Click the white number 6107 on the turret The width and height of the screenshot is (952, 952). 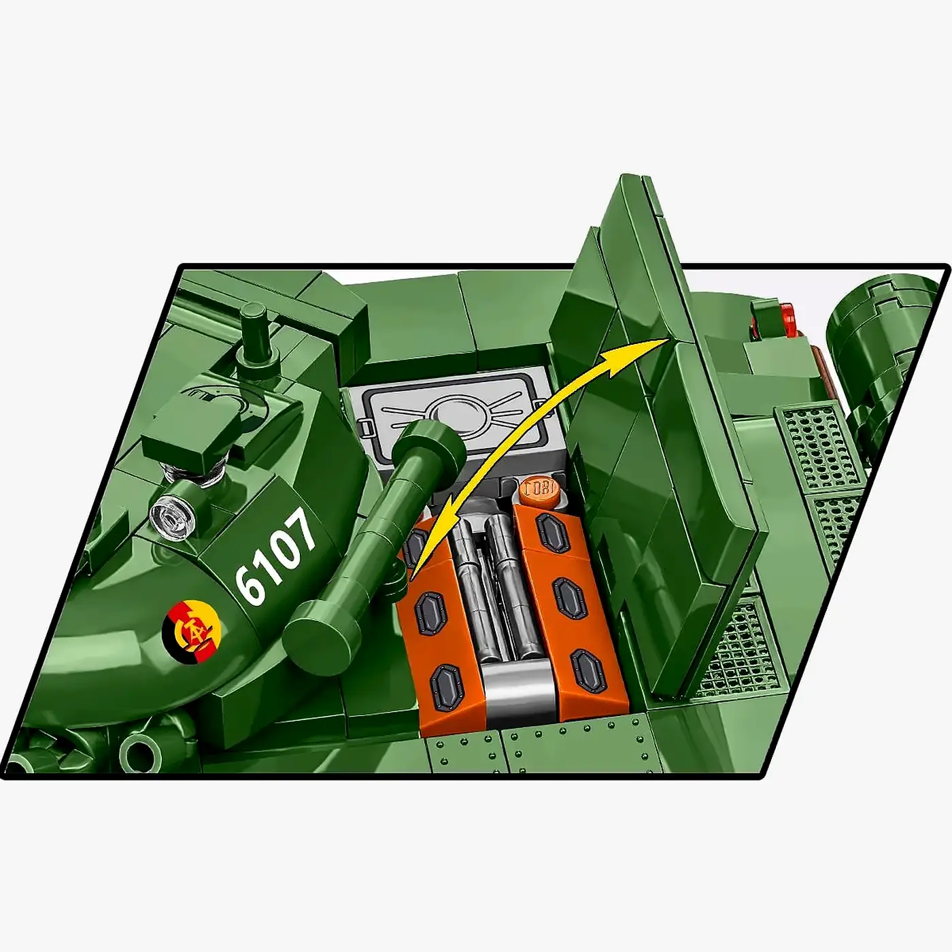[275, 556]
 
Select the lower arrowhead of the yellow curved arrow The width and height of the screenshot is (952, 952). [418, 558]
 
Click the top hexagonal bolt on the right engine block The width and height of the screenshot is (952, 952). [552, 532]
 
